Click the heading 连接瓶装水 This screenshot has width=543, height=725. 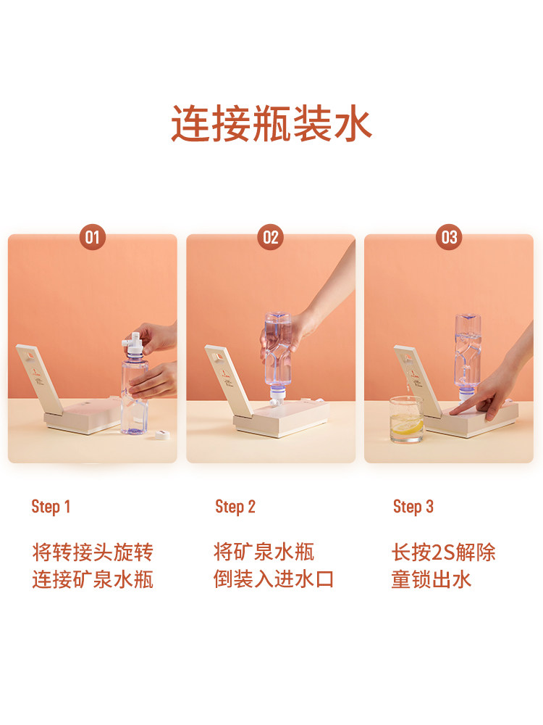pyautogui.click(x=271, y=123)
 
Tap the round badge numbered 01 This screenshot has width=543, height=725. pyautogui.click(x=93, y=237)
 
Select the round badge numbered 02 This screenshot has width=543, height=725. pyautogui.click(x=271, y=237)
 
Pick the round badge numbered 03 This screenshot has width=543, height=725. pyautogui.click(x=449, y=237)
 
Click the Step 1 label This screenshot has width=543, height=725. pyautogui.click(x=51, y=507)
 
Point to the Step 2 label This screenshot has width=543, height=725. pyautogui.click(x=235, y=507)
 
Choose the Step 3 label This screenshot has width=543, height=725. pyautogui.click(x=413, y=507)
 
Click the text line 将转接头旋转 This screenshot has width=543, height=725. pyautogui.click(x=93, y=552)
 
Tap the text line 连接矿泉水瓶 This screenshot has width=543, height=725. pyautogui.click(x=93, y=579)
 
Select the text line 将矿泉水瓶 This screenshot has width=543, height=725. pyautogui.click(x=264, y=552)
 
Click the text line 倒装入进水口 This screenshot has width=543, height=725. pyautogui.click(x=274, y=579)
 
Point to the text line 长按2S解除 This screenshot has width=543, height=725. pyautogui.click(x=443, y=552)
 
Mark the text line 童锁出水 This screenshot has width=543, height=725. pyautogui.click(x=432, y=579)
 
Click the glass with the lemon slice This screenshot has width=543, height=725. pyautogui.click(x=406, y=419)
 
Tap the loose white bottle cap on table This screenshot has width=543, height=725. pyautogui.click(x=162, y=434)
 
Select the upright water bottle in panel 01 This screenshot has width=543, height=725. pyautogui.click(x=134, y=389)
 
